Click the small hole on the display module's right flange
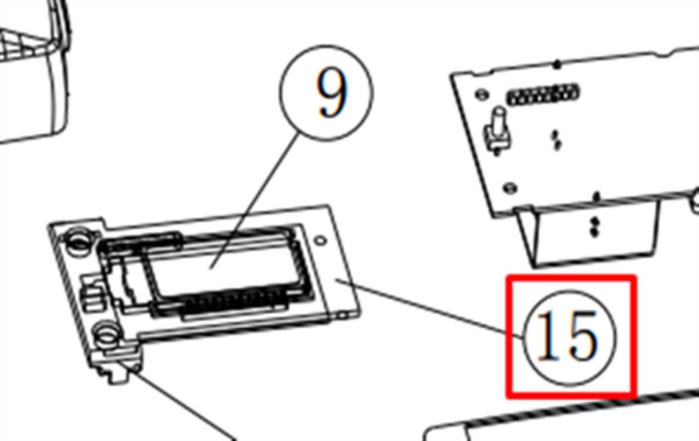(x=320, y=241)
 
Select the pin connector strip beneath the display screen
(x=234, y=304)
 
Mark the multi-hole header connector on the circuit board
(x=542, y=95)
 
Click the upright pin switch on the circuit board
(x=497, y=129)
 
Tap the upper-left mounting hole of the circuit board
(x=481, y=95)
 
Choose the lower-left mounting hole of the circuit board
(x=509, y=187)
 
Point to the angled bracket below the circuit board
(x=589, y=232)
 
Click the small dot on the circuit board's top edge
(x=556, y=65)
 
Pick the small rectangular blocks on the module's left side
(x=93, y=293)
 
